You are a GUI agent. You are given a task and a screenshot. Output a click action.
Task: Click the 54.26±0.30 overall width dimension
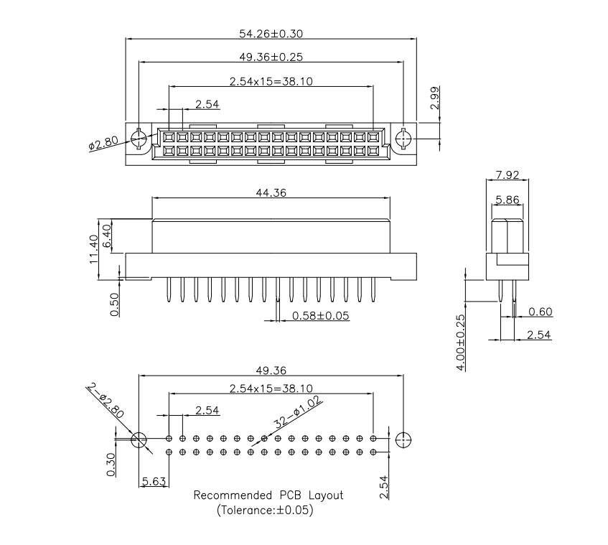tap(270, 33)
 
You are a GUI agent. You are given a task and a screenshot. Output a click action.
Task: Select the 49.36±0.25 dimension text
tap(271, 57)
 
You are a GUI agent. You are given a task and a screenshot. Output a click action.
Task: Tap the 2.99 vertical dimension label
tap(435, 97)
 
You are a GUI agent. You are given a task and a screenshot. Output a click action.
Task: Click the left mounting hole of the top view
tap(139, 137)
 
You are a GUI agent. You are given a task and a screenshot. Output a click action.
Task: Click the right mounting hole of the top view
tap(403, 137)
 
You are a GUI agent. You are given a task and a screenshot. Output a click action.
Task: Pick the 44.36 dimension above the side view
tap(271, 192)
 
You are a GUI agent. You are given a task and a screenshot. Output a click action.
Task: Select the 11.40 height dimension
tap(93, 248)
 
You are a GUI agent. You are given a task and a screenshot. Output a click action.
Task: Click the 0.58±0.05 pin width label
tap(320, 315)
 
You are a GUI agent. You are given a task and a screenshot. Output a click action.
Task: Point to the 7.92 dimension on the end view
tap(507, 174)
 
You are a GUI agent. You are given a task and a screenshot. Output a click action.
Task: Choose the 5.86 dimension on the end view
tap(507, 200)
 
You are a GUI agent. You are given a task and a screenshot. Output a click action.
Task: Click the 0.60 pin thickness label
tap(540, 311)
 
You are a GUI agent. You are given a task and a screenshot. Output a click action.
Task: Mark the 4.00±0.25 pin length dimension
tap(460, 342)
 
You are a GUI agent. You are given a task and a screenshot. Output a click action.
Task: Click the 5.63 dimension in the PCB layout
tap(154, 482)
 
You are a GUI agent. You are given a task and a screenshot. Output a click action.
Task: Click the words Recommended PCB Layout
tap(268, 495)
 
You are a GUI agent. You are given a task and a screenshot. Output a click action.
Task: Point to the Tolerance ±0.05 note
tap(265, 511)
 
